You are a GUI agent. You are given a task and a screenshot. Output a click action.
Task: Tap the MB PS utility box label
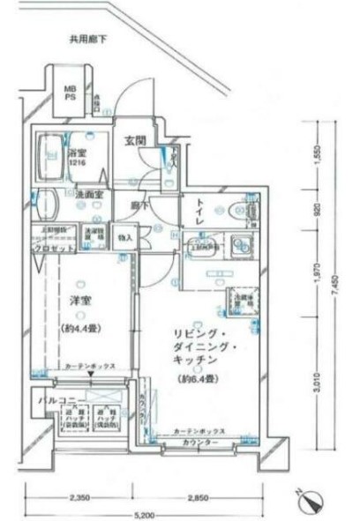[x=69, y=93]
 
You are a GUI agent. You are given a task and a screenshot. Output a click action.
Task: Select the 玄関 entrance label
[x=135, y=140]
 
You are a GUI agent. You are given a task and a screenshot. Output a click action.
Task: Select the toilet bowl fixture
[x=239, y=212]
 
